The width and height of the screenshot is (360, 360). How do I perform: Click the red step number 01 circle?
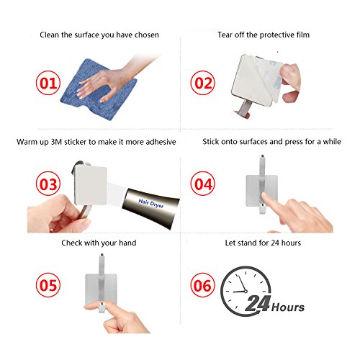tap(48, 83)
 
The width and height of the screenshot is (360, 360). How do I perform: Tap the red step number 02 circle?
tap(203, 83)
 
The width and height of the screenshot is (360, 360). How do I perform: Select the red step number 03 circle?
tap(48, 184)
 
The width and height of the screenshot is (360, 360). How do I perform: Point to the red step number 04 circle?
tap(203, 184)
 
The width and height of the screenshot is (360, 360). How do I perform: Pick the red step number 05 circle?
tap(48, 285)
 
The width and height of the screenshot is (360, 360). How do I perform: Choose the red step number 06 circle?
tap(203, 285)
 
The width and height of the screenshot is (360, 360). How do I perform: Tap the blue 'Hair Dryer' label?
tap(151, 203)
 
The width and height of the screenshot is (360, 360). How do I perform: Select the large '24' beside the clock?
tap(258, 304)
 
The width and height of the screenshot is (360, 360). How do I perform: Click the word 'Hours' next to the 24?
tap(288, 307)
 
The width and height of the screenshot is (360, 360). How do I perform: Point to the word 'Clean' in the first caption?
tap(49, 35)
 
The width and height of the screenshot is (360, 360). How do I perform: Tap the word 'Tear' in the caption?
tap(225, 35)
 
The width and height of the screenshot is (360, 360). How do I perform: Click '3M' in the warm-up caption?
tap(56, 142)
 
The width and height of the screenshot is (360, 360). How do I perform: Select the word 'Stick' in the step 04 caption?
tap(210, 142)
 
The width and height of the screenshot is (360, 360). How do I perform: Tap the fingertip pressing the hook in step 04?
tap(265, 197)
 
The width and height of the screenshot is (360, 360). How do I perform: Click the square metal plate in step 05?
tap(101, 287)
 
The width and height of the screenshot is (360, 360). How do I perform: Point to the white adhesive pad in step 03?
tap(91, 186)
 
